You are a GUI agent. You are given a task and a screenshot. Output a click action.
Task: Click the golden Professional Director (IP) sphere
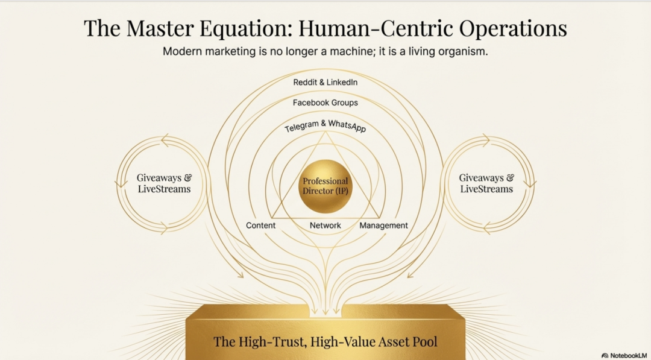coord(325,186)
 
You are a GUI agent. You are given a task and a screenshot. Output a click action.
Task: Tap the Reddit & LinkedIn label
coord(325,82)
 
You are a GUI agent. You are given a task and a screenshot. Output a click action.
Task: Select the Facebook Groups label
coord(325,103)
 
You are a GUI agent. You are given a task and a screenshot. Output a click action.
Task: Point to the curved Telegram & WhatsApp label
coord(325,126)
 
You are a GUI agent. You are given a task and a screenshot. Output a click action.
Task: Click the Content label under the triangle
coord(261,226)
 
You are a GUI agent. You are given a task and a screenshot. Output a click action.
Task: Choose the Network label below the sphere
coord(325,226)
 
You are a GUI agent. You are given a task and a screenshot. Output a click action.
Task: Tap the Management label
coord(383,226)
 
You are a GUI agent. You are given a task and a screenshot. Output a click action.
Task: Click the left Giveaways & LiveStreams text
coord(165,183)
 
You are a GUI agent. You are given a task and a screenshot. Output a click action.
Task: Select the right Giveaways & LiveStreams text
coord(486,183)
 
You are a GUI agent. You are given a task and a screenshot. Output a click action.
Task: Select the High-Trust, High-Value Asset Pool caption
coord(325,342)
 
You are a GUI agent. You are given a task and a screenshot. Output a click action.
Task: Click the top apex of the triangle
coord(325,132)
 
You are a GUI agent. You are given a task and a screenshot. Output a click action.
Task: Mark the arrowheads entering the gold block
coord(325,311)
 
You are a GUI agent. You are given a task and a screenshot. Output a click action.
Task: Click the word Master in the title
coord(160,28)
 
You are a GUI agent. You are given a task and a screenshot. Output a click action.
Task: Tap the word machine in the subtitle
coord(348,52)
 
